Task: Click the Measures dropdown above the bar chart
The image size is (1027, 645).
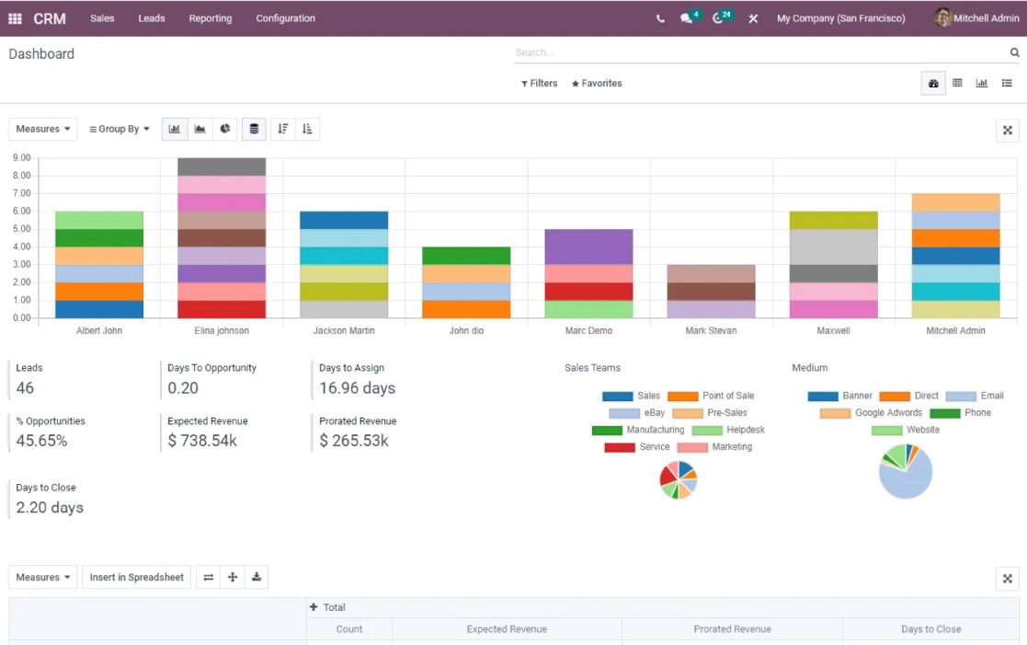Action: [42, 129]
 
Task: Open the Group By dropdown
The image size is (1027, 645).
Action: [120, 129]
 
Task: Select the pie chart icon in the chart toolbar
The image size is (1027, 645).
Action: [224, 129]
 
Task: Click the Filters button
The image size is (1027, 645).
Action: [539, 83]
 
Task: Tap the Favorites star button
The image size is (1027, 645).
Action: [597, 83]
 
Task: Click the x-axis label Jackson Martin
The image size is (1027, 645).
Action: [344, 330]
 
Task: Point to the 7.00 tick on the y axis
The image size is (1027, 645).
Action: [22, 193]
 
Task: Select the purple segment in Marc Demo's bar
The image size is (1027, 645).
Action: [588, 248]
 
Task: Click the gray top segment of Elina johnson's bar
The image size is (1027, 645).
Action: [222, 167]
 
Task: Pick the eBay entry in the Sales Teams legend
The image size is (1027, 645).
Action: [636, 413]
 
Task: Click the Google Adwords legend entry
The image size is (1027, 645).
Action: [871, 413]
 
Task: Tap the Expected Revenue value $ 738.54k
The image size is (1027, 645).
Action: [202, 441]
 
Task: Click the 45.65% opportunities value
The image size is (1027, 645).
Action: [42, 441]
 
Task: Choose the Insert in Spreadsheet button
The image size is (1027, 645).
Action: [136, 578]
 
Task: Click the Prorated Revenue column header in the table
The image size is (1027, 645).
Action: [732, 629]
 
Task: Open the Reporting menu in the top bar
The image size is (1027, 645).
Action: [211, 18]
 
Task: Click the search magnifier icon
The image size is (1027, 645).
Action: [1014, 52]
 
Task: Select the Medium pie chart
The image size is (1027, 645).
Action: [905, 471]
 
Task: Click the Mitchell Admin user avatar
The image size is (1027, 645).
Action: [942, 17]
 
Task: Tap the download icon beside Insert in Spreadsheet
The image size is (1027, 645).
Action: [257, 578]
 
